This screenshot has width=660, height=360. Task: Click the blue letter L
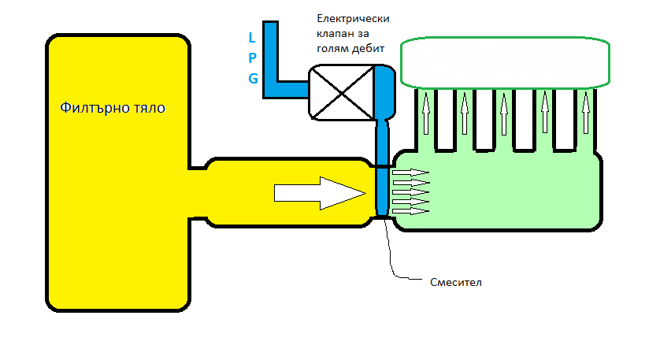(x=252, y=37)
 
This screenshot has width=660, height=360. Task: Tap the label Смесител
(x=456, y=281)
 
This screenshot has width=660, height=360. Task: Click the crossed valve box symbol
(x=340, y=92)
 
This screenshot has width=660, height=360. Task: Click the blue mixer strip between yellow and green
(x=382, y=189)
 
